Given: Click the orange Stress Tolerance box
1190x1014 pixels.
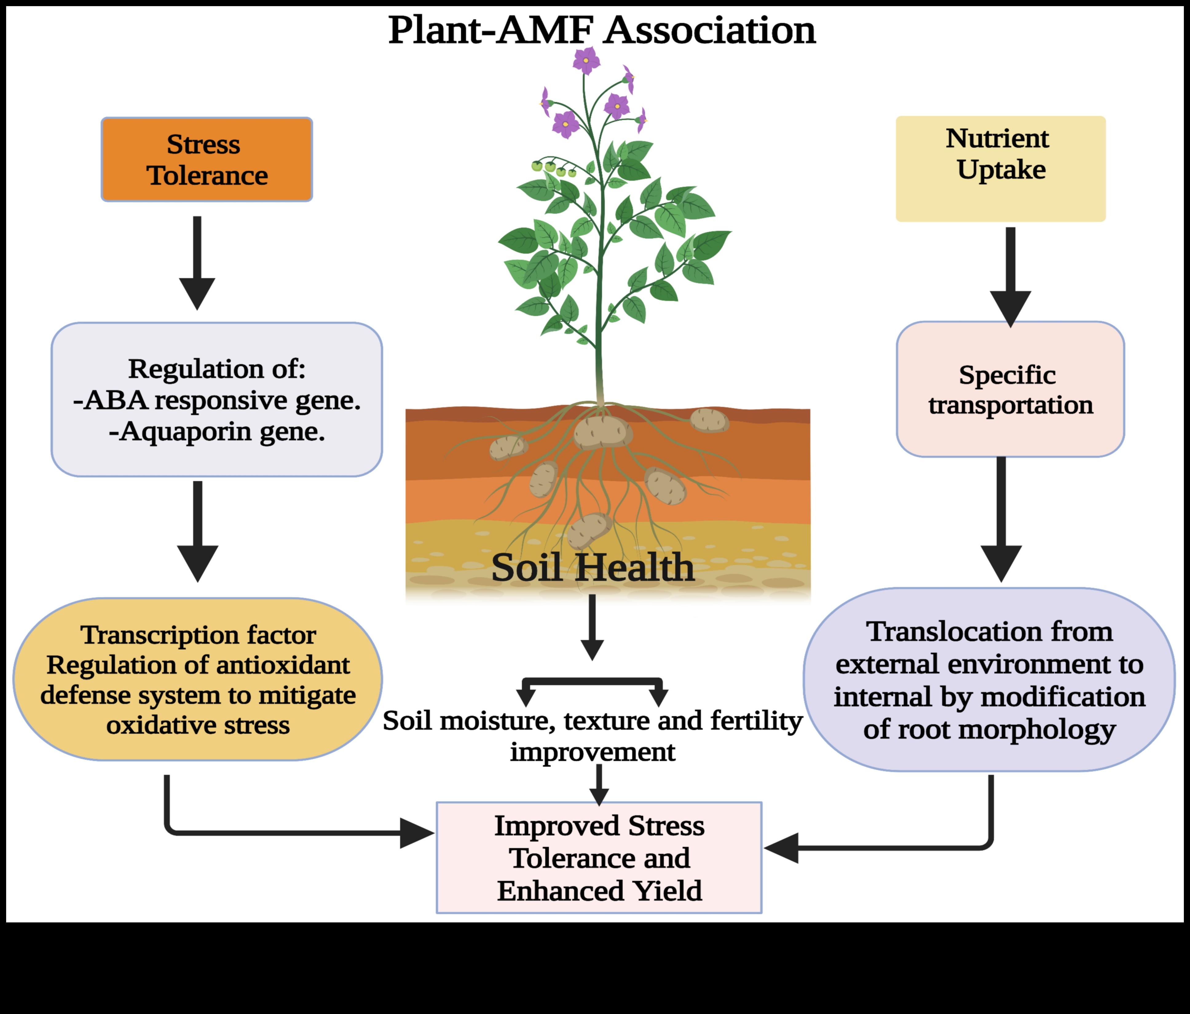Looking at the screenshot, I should tap(207, 159).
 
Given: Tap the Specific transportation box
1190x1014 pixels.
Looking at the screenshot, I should tap(1010, 389).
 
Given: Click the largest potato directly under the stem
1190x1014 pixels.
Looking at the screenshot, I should tap(601, 432).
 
